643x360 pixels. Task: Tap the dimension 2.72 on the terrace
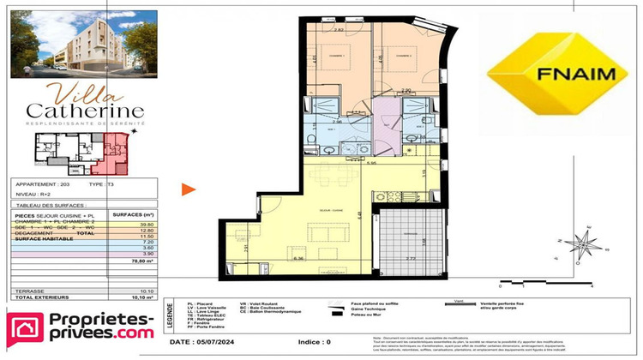coord(411,258)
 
